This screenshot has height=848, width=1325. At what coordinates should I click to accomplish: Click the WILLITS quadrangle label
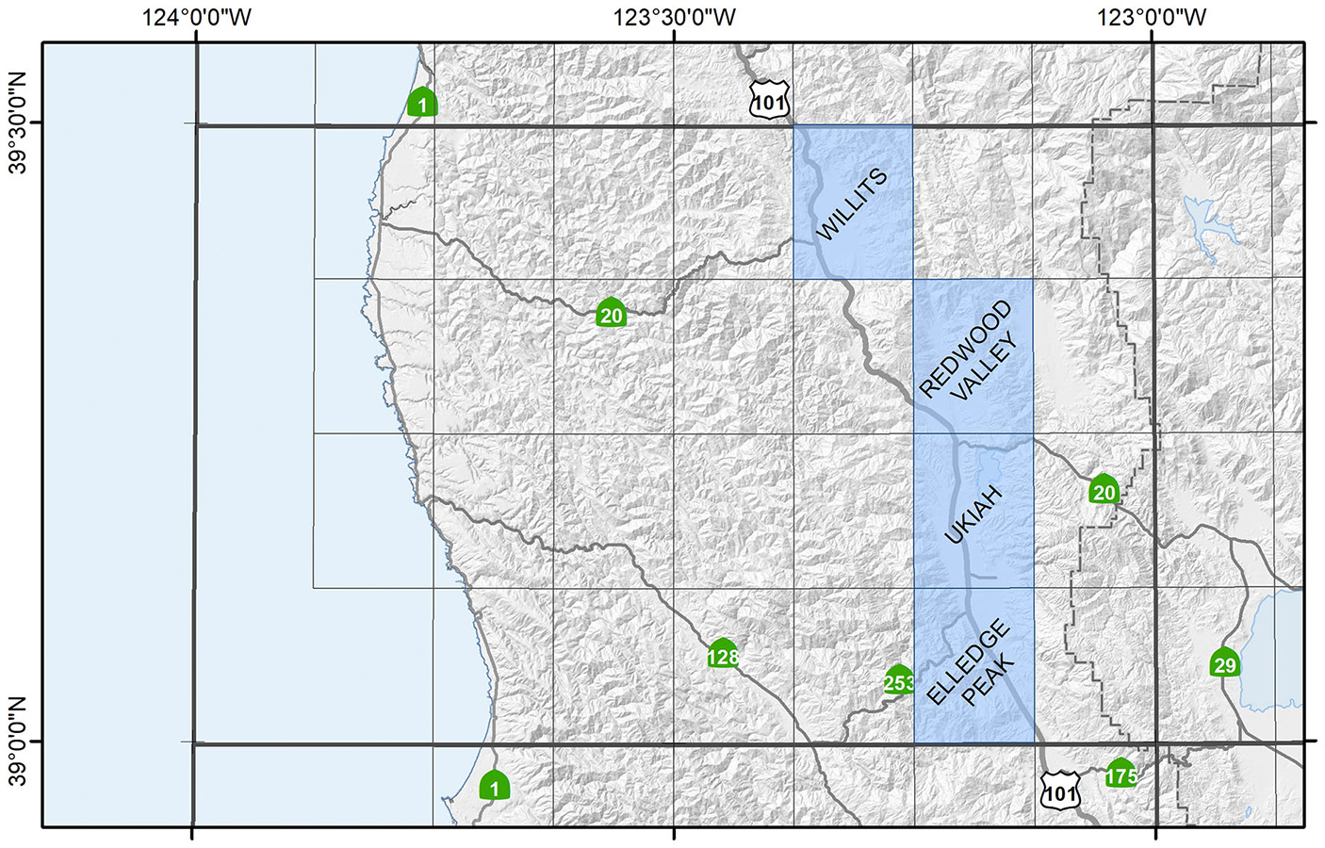point(851,204)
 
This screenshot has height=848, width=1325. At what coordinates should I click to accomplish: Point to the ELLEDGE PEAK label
point(971,663)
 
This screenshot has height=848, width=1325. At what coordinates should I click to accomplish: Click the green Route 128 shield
point(723,655)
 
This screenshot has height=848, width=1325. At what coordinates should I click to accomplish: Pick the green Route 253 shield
point(899,680)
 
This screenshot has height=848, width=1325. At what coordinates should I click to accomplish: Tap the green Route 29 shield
point(1224,663)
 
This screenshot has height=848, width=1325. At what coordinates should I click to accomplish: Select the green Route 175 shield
point(1121,775)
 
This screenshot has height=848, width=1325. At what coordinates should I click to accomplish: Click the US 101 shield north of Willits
point(768,100)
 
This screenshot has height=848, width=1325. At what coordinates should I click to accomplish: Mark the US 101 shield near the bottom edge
point(1060,791)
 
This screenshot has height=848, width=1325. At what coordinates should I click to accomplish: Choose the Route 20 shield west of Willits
point(612,313)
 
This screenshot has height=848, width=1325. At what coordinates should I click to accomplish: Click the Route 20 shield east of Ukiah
point(1104,490)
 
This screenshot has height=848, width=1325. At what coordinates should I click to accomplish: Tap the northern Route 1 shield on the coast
point(422,102)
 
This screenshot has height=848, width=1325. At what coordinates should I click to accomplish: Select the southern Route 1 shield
point(494,786)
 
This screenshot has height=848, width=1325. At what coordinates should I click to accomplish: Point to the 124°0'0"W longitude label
point(197,17)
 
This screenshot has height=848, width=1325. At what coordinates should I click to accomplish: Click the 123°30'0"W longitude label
point(674,17)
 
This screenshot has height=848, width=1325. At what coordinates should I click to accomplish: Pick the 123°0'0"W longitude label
point(1152,17)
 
